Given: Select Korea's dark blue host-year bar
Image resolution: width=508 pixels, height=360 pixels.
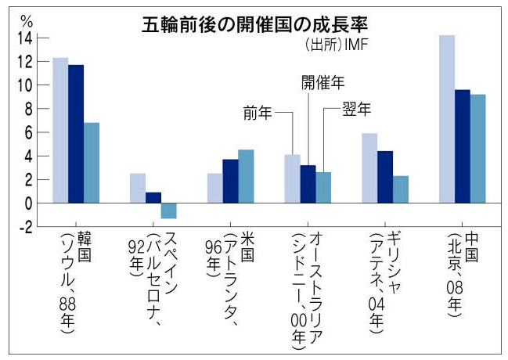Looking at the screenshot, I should (x=76, y=134).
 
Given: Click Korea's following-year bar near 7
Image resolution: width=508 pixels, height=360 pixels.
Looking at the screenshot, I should (x=92, y=163).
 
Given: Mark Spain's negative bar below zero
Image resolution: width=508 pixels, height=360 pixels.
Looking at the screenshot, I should (x=168, y=211).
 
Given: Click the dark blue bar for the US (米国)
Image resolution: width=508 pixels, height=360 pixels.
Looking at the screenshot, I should (x=230, y=181).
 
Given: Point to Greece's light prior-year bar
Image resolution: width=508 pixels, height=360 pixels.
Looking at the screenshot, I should (x=369, y=168).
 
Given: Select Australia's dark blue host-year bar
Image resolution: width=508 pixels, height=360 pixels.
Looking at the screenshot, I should (x=308, y=184).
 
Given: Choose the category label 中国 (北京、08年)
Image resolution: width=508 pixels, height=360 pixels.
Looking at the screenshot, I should (x=462, y=274).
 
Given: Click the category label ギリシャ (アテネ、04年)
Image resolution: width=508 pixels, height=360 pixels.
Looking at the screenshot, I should (x=385, y=282).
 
